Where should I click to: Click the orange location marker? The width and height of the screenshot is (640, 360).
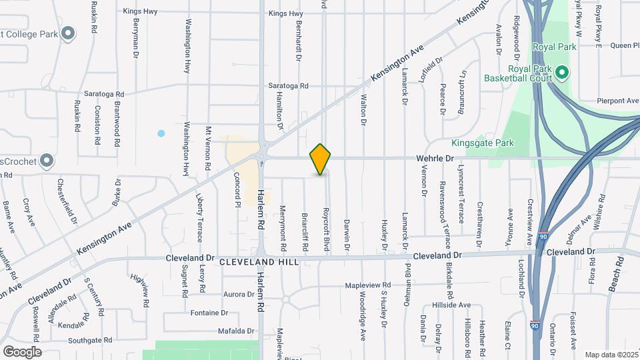(321, 159)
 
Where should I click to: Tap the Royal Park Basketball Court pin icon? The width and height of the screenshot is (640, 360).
(561, 71)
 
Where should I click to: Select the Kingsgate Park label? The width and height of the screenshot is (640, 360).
(482, 143)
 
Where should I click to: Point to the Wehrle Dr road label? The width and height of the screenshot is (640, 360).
(435, 159)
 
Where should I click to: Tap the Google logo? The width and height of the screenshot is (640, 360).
(22, 351)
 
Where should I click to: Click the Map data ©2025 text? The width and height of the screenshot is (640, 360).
(611, 355)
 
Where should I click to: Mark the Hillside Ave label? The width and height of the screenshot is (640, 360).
(451, 305)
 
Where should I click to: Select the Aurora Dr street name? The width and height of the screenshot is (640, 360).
(239, 294)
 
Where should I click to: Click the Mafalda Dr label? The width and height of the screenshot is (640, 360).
(237, 331)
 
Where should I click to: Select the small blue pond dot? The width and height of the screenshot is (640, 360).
(161, 133)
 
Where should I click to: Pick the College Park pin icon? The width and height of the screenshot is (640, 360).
(67, 33)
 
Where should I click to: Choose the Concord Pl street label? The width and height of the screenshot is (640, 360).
(237, 190)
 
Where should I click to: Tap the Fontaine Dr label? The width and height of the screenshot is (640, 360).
(209, 313)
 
